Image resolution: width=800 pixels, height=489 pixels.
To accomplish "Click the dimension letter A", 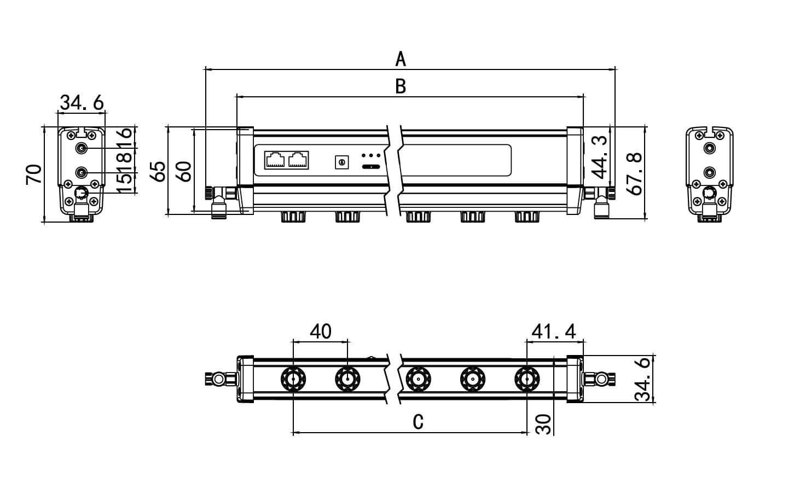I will (401, 59).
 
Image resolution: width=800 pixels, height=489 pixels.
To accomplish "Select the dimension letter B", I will (401, 86).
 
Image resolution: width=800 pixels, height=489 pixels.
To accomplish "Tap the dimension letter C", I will (418, 422).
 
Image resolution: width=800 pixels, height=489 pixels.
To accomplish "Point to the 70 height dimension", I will (34, 174).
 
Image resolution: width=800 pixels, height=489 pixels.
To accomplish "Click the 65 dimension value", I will (158, 171).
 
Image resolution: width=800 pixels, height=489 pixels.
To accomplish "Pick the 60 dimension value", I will (184, 171).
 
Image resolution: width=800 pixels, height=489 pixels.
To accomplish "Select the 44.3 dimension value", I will (600, 158).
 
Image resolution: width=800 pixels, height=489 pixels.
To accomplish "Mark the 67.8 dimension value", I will (635, 174).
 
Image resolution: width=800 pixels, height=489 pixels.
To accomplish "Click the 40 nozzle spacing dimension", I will (321, 331).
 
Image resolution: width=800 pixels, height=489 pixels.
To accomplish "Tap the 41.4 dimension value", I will (554, 331).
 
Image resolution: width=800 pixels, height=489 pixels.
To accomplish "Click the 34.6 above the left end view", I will (82, 102).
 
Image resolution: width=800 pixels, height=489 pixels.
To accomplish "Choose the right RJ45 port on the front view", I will (298, 160).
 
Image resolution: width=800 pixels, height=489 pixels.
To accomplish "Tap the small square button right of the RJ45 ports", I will (342, 162).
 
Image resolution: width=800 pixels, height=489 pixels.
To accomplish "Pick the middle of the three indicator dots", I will (371, 156).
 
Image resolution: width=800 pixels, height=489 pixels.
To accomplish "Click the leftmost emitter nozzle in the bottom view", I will (293, 379).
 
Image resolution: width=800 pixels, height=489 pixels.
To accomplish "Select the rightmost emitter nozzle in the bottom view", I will (526, 379).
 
